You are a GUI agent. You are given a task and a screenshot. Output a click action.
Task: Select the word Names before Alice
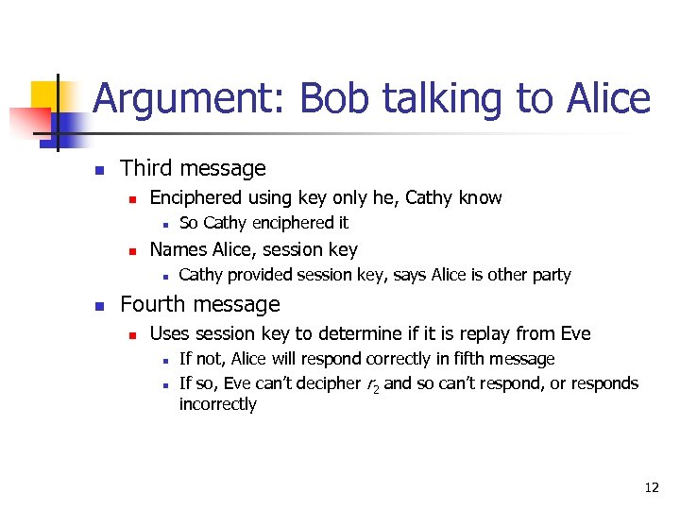[x=177, y=249]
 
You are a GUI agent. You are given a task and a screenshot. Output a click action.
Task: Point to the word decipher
[x=303, y=383]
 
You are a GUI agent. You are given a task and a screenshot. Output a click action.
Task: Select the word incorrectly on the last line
[x=217, y=404]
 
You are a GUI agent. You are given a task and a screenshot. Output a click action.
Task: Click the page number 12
[x=651, y=487]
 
